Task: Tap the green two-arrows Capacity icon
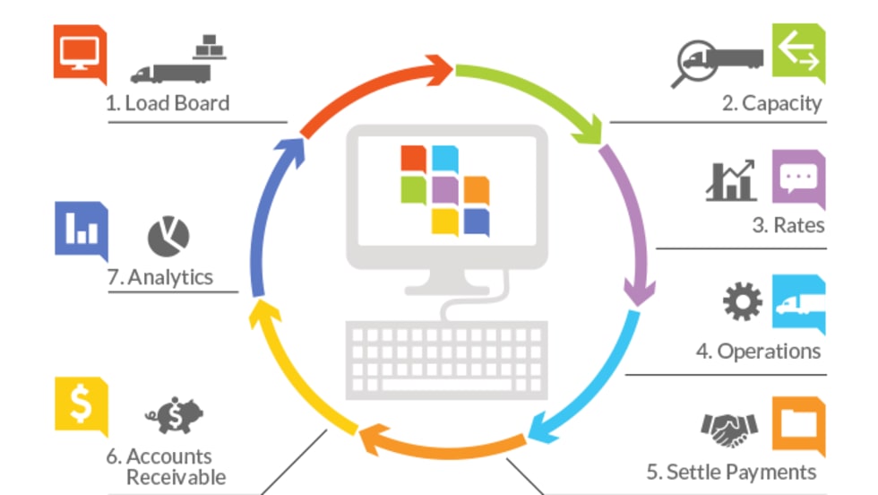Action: (798, 54)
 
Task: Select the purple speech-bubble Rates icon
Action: (798, 179)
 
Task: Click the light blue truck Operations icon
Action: (798, 304)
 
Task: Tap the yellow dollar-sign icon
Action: (82, 406)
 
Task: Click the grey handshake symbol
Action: (729, 430)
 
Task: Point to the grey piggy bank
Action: (174, 415)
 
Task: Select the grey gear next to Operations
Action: (743, 301)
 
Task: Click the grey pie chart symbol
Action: (168, 237)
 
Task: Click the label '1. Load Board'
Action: (168, 103)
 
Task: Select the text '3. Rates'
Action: (788, 225)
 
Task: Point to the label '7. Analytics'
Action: (160, 277)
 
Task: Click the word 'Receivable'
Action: (176, 477)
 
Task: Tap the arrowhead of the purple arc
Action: (639, 292)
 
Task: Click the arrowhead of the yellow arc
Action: (263, 313)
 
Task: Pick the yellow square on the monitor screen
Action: (445, 222)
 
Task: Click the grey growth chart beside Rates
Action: (731, 181)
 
